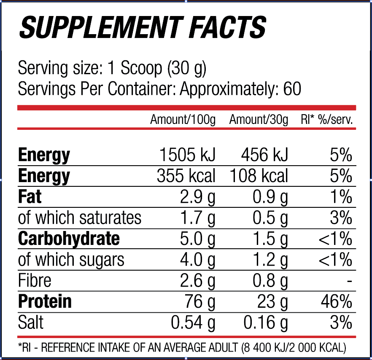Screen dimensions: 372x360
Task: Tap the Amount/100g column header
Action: pyautogui.click(x=183, y=120)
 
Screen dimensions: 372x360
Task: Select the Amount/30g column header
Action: pyautogui.click(x=259, y=120)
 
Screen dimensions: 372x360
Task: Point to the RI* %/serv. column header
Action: pyautogui.click(x=327, y=120)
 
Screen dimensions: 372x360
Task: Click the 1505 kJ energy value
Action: pyautogui.click(x=187, y=155)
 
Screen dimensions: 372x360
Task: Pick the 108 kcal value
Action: pyautogui.click(x=259, y=176)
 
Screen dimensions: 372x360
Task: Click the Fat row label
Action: pyautogui.click(x=30, y=196)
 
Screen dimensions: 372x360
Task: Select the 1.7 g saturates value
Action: pyautogui.click(x=198, y=218)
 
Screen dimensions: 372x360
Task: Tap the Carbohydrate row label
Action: pyautogui.click(x=69, y=239)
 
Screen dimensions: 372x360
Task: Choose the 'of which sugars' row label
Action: pyautogui.click(x=71, y=260)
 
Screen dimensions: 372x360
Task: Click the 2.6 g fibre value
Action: pyautogui.click(x=197, y=281)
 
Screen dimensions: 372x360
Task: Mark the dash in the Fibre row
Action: pyautogui.click(x=349, y=282)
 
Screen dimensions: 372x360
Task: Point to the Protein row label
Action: pyautogui.click(x=45, y=301)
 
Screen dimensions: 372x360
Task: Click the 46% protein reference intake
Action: pyautogui.click(x=337, y=302)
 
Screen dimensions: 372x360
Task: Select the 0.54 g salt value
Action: pyautogui.click(x=193, y=322)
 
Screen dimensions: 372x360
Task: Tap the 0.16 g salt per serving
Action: pyautogui.click(x=266, y=322)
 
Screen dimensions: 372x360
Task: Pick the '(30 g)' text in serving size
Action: pyautogui.click(x=187, y=69)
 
